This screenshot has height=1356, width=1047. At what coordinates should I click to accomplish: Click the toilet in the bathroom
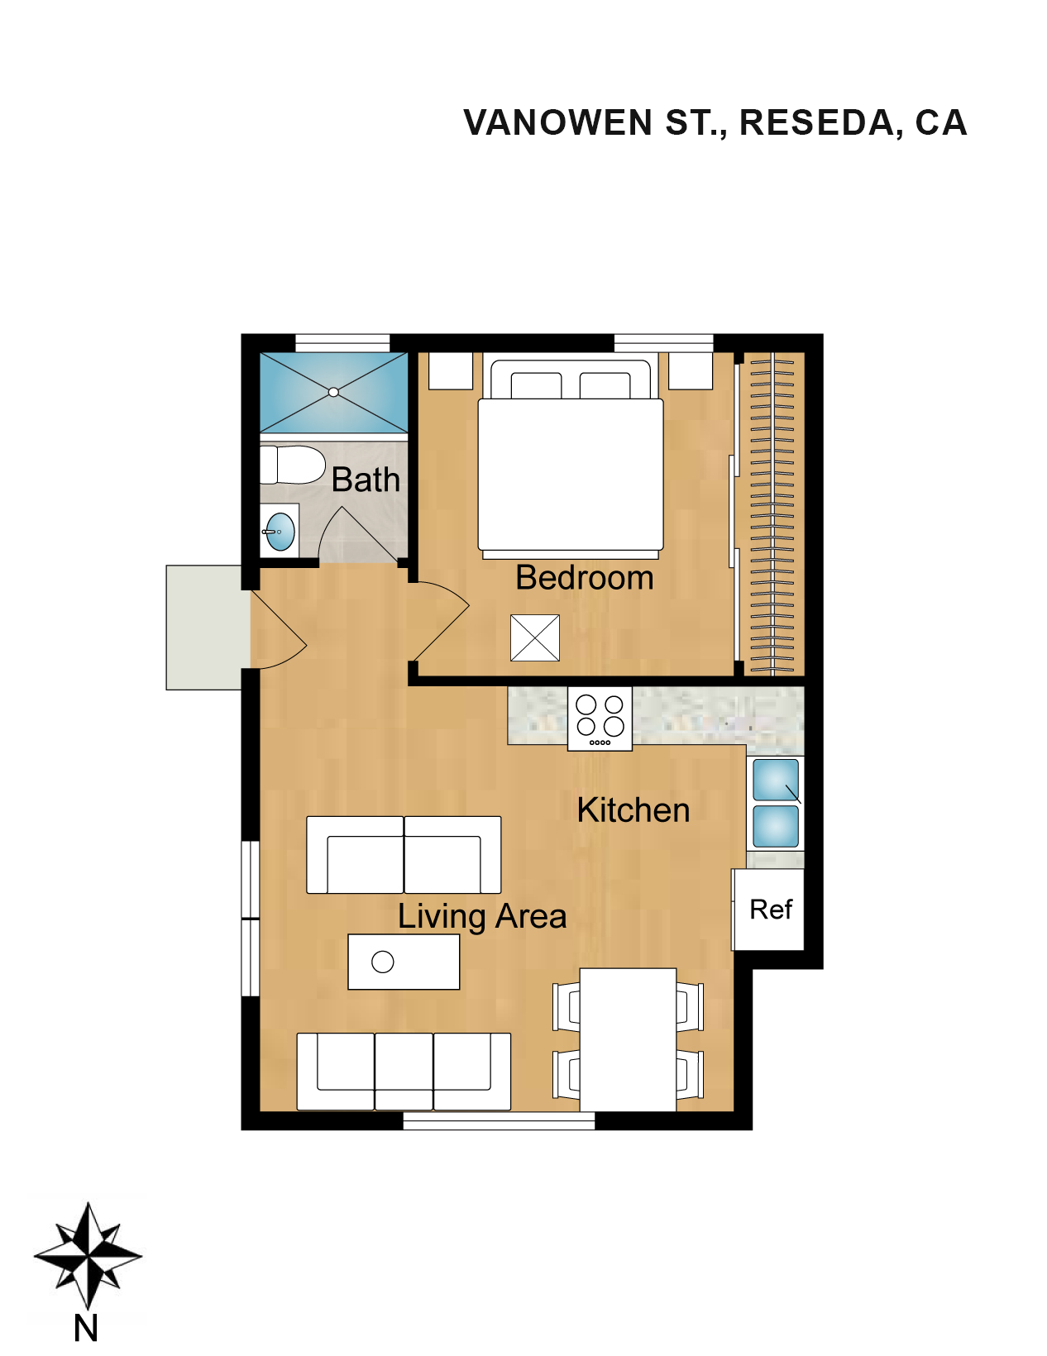pos(292,465)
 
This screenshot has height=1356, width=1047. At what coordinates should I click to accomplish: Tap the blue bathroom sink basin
pos(280,532)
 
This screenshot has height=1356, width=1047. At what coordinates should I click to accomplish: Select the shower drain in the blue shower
pos(334,393)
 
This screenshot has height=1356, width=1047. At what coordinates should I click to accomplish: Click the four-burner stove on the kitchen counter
pos(600,719)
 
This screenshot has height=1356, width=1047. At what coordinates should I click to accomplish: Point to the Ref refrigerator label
pos(771,910)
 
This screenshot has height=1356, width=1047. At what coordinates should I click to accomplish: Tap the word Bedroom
pos(585,578)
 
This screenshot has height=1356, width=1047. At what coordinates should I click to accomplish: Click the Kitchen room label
pos(633,810)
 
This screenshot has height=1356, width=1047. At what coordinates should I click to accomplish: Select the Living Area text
pos(482,917)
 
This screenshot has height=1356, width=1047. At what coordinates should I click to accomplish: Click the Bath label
pos(366,480)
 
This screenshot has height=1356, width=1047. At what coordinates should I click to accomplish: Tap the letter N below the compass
pos(86,1330)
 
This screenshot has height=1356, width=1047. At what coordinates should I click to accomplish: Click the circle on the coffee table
pos(382,962)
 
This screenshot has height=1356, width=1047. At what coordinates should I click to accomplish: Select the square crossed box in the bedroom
pos(535,637)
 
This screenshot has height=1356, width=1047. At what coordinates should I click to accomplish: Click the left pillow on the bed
pos(536,385)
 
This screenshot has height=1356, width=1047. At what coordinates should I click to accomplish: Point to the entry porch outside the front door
pos(204,627)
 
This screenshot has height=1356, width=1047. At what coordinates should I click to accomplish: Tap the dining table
pos(628,1039)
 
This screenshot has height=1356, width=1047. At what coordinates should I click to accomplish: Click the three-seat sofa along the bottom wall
pos(404,1072)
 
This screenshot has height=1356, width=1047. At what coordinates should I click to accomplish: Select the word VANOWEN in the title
pos(557,122)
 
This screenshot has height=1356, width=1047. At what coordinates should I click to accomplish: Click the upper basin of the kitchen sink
pos(776,780)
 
